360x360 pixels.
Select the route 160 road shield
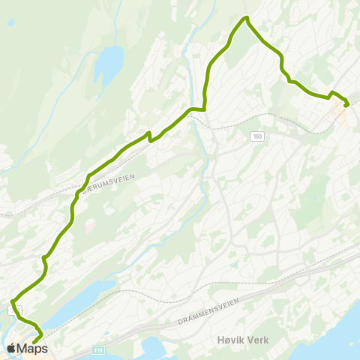pyautogui.click(x=258, y=136)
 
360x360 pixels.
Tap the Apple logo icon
pyautogui.click(x=12, y=348)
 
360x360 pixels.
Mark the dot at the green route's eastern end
pyautogui.click(x=346, y=105)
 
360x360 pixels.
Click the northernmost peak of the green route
pyautogui.click(x=245, y=18)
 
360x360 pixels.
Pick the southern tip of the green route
pyautogui.click(x=34, y=343)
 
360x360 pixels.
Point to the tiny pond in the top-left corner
pyautogui.click(x=10, y=22)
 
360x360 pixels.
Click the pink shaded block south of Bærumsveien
pyautogui.click(x=89, y=224)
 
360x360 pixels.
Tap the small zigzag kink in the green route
pyautogui.click(x=150, y=136)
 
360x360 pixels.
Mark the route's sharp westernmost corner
pyautogui.click(x=12, y=302)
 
